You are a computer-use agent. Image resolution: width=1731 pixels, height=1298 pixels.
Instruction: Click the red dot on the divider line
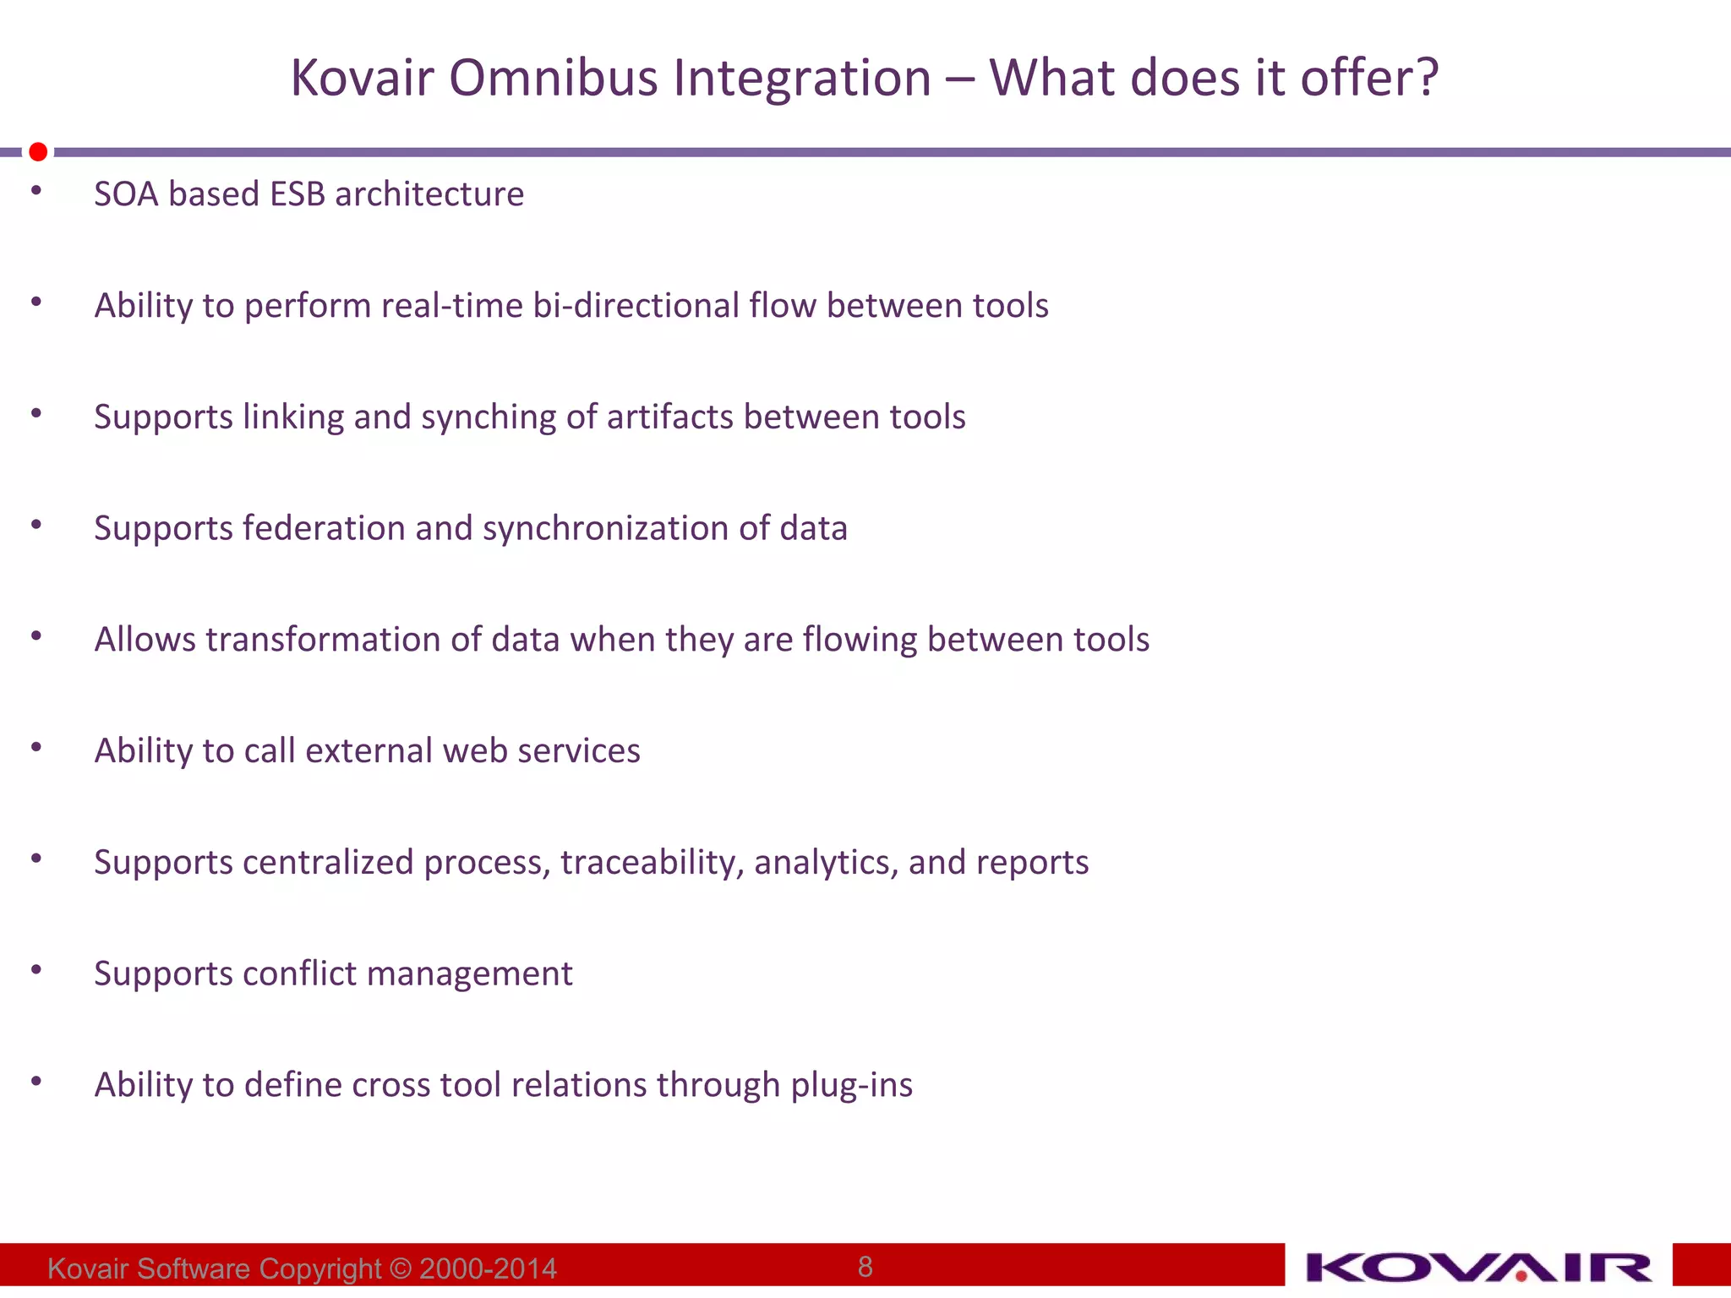click(38, 152)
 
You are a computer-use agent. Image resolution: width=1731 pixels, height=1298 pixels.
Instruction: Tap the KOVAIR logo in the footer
click(1478, 1268)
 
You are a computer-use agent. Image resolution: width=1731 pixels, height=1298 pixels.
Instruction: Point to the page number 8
click(865, 1266)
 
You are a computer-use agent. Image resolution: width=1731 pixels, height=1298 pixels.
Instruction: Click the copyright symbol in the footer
click(401, 1268)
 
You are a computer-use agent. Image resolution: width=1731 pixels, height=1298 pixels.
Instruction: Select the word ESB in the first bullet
click(297, 194)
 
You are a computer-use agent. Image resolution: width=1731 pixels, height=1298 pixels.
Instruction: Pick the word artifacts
click(670, 417)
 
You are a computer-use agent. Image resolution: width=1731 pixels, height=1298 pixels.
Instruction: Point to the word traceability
click(652, 862)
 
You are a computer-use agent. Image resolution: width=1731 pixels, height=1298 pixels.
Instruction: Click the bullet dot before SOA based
click(36, 191)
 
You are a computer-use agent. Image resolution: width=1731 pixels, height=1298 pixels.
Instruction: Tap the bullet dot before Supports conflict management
click(36, 970)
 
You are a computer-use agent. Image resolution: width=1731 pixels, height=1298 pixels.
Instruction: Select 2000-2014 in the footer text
click(488, 1268)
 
